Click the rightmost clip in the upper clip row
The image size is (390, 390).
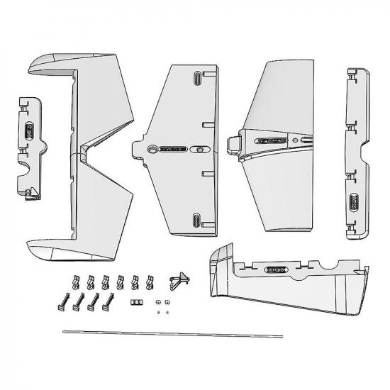[x=150, y=283]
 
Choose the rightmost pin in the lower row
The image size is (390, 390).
[x=108, y=304]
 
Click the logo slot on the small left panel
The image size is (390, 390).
[x=29, y=131]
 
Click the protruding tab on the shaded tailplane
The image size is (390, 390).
[x=232, y=144]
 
